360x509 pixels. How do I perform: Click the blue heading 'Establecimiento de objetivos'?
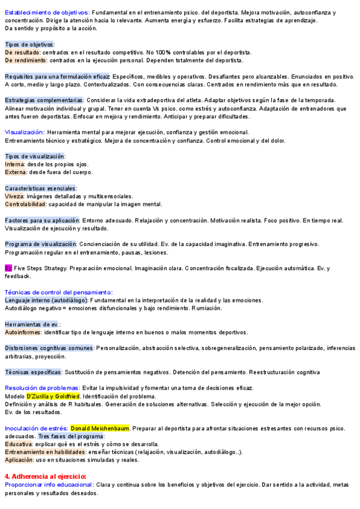click(47, 12)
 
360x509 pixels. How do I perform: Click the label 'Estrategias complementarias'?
click(44, 100)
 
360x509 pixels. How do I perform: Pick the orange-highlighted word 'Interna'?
click(14, 164)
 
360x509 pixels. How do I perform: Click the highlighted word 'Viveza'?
click(14, 196)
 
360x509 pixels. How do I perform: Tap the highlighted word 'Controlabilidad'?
click(25, 204)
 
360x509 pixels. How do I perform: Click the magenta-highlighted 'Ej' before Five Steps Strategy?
click(8, 268)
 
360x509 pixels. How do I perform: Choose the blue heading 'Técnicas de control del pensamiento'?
click(58, 292)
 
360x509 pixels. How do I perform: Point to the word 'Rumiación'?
click(206, 308)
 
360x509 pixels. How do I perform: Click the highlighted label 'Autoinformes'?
click(23, 332)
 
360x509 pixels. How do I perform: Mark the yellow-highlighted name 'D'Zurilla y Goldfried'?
click(53, 396)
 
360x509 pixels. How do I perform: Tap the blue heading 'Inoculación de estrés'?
click(35, 428)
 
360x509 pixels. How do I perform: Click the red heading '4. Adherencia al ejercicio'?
click(46, 476)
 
